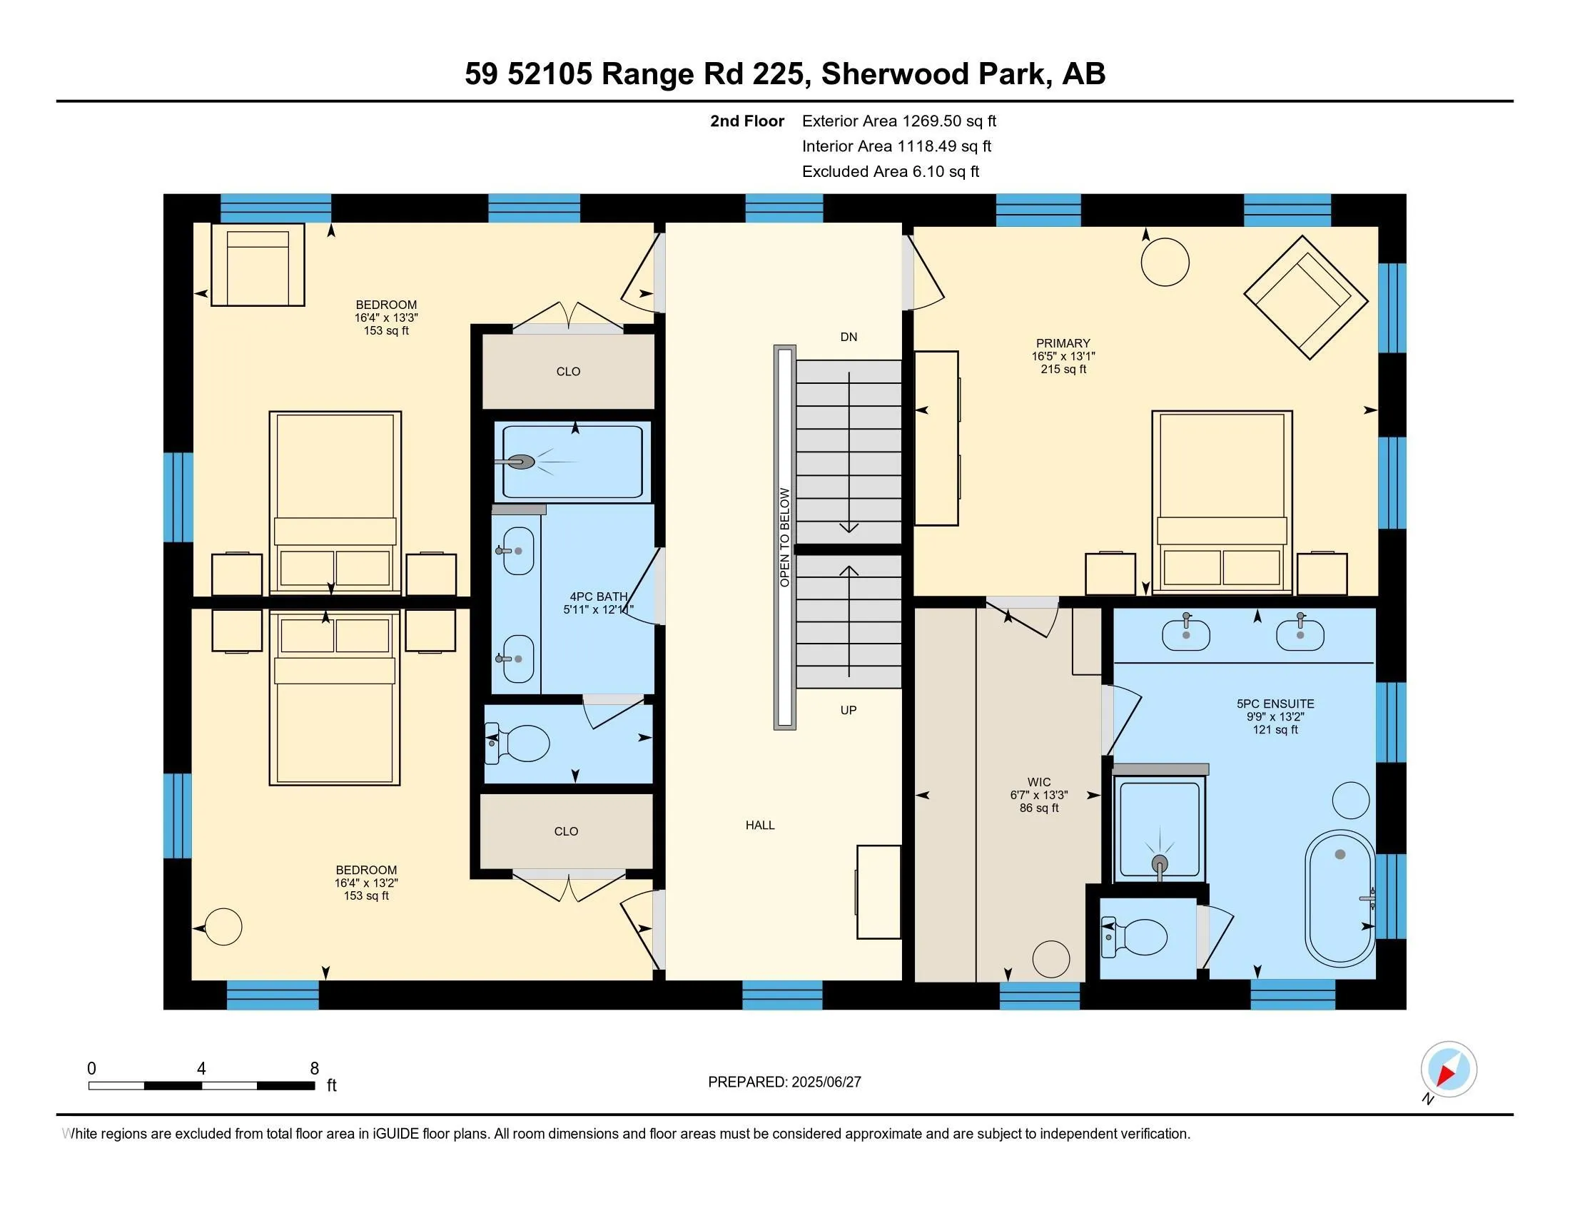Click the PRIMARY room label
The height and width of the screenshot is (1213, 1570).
(x=1063, y=343)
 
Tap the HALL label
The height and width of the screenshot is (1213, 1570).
(x=760, y=825)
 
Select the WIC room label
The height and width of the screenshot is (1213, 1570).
(x=1039, y=782)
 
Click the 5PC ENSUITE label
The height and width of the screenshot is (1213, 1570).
(x=1275, y=704)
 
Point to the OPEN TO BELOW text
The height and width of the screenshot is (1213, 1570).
(x=784, y=537)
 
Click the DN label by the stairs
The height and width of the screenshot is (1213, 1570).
(x=849, y=337)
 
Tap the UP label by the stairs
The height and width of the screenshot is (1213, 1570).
(x=849, y=710)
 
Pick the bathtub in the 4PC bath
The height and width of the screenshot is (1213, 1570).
(x=572, y=462)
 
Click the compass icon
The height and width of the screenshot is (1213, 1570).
(x=1449, y=1069)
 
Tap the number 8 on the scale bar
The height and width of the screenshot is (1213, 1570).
(x=314, y=1068)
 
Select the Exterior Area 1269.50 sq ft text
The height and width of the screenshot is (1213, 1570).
(x=898, y=121)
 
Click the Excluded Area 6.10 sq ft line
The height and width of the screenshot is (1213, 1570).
(x=890, y=171)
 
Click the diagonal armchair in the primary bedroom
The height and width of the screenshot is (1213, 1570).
(x=1305, y=297)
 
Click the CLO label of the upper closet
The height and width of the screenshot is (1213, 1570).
(x=568, y=372)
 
